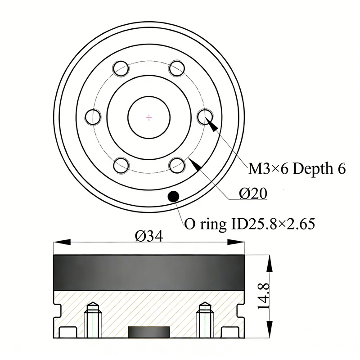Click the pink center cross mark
coord(149,118)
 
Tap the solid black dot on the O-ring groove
coord(173,196)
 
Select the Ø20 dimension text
coord(253,193)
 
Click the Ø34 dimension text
coord(149,236)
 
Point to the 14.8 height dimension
coord(263,296)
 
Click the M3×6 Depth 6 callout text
coord(297,169)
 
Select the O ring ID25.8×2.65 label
coord(250,224)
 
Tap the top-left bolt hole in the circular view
coord(121,68)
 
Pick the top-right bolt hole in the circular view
coord(177,68)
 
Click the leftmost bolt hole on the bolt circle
coord(93,117)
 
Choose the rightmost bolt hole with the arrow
coord(206,117)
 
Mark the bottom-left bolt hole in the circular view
coord(121,165)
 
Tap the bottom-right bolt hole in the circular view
coord(177,165)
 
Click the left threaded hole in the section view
coord(93,319)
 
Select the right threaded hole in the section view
coord(206,319)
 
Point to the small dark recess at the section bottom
coord(149,332)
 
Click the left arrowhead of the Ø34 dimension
coord(62,242)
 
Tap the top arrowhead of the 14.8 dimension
coord(269,263)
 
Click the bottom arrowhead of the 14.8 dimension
coord(269,329)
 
